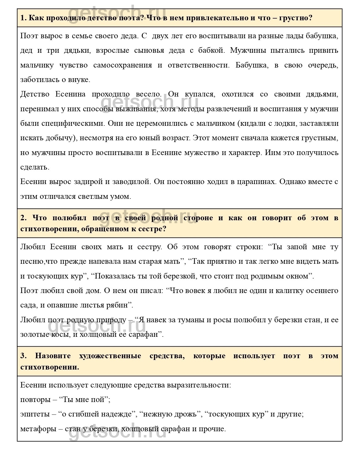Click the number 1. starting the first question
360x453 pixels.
pos(23,18)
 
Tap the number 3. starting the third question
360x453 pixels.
pos(23,356)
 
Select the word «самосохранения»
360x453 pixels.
pos(123,65)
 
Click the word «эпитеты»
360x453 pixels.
pos(35,414)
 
